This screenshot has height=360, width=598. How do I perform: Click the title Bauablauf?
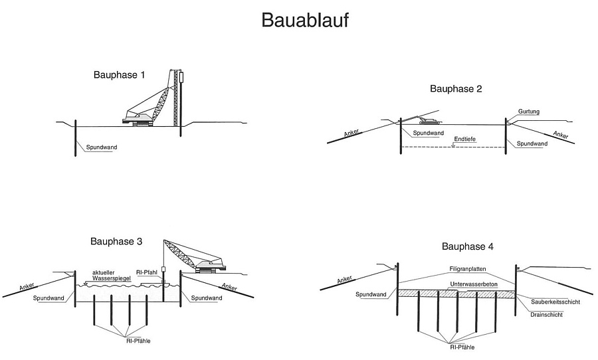(304, 20)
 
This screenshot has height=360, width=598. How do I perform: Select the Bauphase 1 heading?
(119, 75)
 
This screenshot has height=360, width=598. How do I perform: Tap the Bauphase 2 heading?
(456, 88)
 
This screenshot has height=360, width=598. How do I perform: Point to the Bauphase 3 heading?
(116, 242)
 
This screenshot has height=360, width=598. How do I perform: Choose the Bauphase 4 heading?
(468, 246)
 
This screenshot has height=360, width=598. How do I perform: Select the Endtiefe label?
(465, 139)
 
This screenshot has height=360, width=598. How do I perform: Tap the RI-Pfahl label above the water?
(147, 272)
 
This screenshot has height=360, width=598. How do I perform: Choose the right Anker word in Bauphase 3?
(229, 286)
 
